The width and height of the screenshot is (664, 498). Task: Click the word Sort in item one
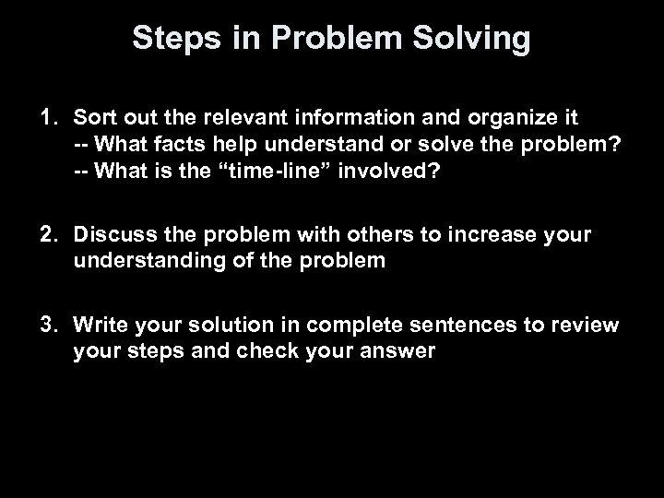pyautogui.click(x=92, y=118)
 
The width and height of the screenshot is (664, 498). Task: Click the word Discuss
pyautogui.click(x=112, y=234)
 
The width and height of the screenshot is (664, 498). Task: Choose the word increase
pyautogui.click(x=475, y=234)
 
